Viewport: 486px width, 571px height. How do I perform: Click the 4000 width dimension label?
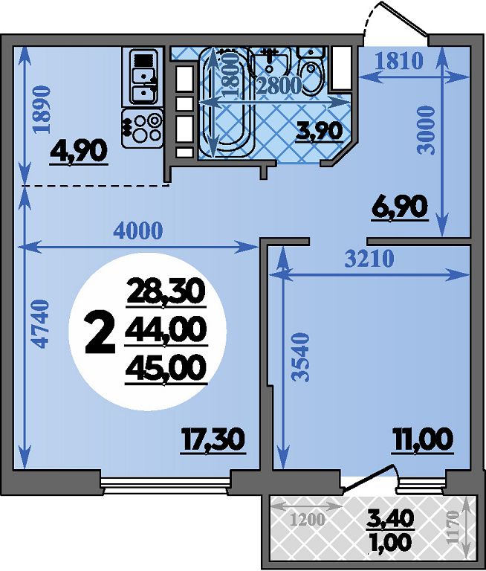click(138, 231)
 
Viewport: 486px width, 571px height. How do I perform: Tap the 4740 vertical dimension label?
click(39, 323)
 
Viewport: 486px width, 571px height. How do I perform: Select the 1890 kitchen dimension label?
click(40, 110)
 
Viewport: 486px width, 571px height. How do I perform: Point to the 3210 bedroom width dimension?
click(369, 259)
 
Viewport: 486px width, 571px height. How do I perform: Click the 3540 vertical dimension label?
click(302, 357)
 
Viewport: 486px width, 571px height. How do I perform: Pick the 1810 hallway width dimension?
click(399, 61)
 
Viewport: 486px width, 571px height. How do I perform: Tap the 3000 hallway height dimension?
click(427, 130)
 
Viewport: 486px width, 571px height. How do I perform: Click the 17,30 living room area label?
click(213, 439)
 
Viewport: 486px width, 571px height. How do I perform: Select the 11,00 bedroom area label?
click(422, 439)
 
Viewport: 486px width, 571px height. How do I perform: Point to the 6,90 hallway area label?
click(399, 207)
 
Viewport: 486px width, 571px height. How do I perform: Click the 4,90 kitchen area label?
click(79, 151)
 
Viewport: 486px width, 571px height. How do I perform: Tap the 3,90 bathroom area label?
click(320, 131)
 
